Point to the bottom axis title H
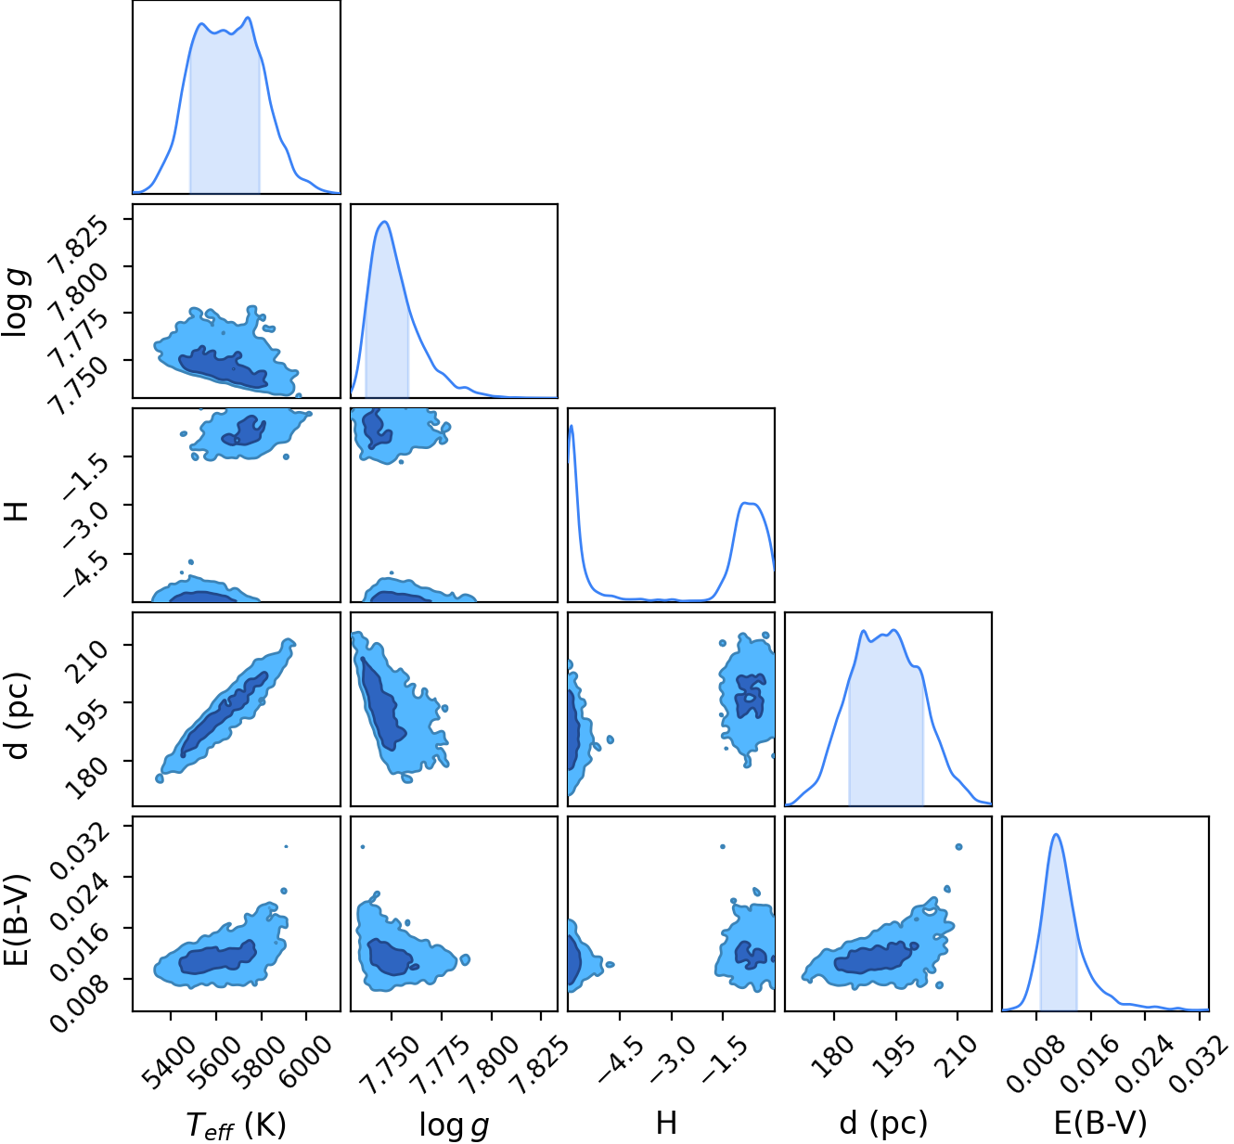(666, 1123)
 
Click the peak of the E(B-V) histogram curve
(1056, 834)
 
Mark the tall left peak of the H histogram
(572, 426)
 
